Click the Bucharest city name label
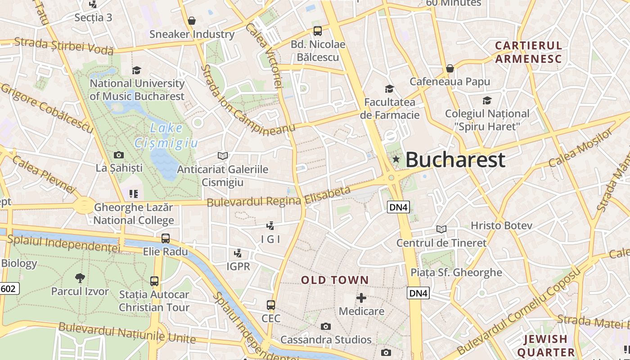455,160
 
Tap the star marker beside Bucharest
396,159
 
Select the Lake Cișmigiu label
166,135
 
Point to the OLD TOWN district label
335,280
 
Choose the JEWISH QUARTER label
545,345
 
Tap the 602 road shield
9,288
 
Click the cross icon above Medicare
361,298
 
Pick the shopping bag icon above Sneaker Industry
192,21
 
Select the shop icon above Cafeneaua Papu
450,68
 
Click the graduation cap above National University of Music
137,70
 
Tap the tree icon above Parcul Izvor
80,278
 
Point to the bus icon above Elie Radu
166,238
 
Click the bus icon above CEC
271,305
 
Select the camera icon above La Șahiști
119,155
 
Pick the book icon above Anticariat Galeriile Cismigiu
222,156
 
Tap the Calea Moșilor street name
580,148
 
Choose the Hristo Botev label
501,225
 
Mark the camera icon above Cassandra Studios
326,326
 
